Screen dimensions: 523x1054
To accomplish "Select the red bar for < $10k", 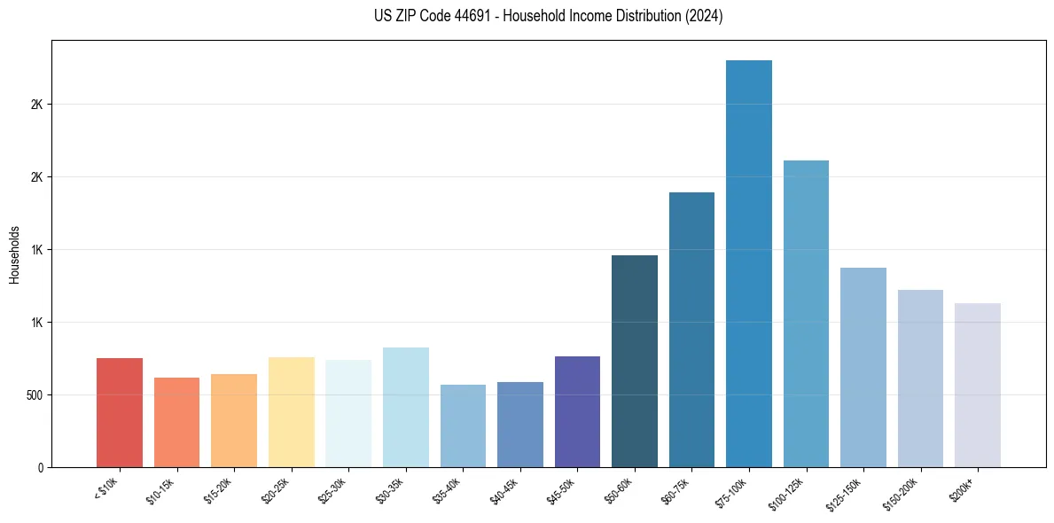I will point(120,412).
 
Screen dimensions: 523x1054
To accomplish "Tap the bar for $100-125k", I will point(806,314).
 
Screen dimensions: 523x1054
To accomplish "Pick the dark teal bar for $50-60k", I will point(635,361).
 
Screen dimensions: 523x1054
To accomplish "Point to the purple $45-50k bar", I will point(577,411).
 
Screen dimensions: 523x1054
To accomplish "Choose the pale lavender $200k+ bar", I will point(977,385).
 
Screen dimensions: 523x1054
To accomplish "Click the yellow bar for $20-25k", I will point(292,412).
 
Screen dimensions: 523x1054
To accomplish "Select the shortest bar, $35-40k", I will point(463,425).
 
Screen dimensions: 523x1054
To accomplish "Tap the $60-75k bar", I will point(691,330).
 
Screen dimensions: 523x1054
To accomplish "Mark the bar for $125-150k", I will point(863,367).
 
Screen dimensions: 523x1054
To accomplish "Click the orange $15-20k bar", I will point(234,420).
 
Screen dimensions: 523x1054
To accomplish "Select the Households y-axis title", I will point(14,254).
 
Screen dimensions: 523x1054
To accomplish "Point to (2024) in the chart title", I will point(704,16).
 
